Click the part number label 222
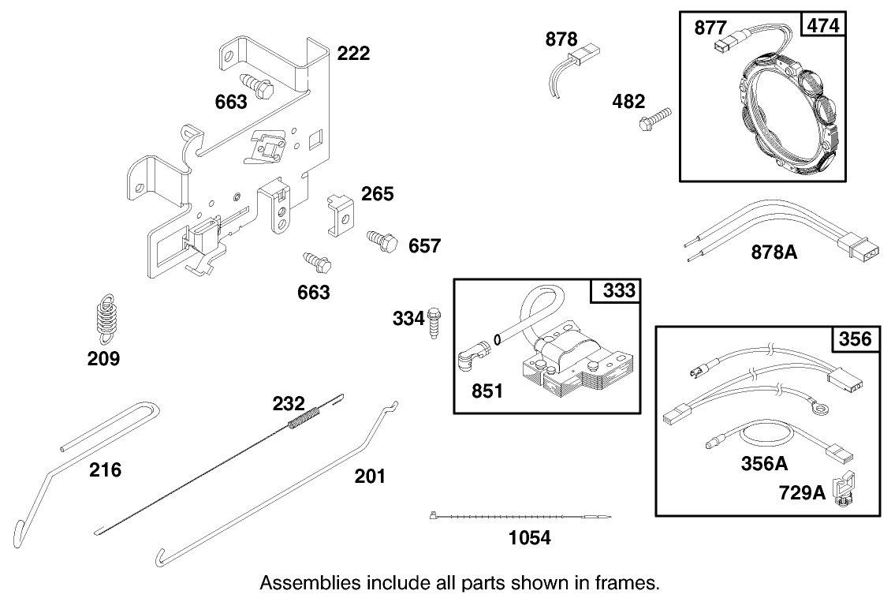pos(353,54)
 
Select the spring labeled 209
pos(103,320)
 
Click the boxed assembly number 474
pos(823,25)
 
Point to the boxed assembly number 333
pos(618,290)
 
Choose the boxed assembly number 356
pos(855,339)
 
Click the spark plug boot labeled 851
pos(471,359)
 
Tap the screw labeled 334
pos(435,323)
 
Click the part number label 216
pos(105,470)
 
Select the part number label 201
pos(370,476)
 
